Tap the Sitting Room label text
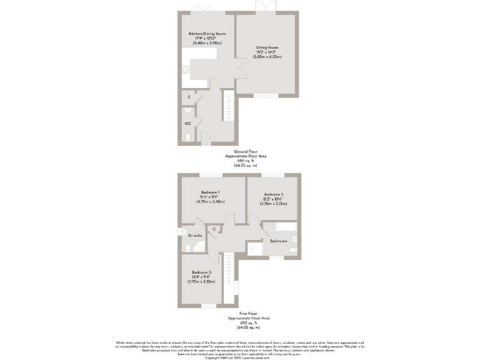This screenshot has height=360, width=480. click(267, 47)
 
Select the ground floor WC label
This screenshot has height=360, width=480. click(187, 123)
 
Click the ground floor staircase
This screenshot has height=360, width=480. click(229, 106)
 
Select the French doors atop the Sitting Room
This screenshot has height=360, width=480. click(265, 7)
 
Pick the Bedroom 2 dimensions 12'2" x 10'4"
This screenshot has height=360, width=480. click(274, 199)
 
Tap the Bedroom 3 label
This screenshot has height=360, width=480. click(201, 272)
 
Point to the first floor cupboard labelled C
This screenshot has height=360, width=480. click(214, 229)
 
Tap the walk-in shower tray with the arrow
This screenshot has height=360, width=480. click(255, 249)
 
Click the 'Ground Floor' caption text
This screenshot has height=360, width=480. click(241, 151)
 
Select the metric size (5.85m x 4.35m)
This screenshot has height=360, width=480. click(267, 57)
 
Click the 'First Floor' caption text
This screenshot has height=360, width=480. click(240, 314)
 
